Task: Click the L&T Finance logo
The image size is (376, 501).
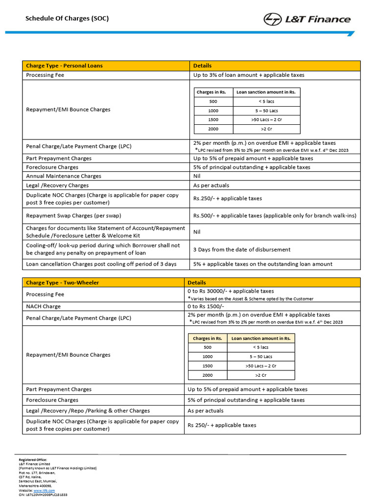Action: click(x=307, y=19)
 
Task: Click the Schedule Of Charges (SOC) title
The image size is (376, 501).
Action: click(x=67, y=19)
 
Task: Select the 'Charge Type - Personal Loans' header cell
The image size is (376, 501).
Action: click(x=64, y=66)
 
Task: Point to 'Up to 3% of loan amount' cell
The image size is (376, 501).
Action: click(x=249, y=75)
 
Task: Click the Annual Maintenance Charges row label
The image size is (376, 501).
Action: click(x=64, y=176)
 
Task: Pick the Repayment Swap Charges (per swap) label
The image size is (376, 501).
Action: click(x=73, y=215)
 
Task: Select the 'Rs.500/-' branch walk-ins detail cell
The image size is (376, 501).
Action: click(x=275, y=215)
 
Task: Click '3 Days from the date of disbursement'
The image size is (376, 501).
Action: click(x=242, y=250)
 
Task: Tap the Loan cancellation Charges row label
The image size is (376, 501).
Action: click(x=101, y=264)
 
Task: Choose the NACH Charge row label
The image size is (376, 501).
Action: click(x=44, y=306)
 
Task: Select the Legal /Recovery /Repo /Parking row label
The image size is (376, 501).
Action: click(x=88, y=411)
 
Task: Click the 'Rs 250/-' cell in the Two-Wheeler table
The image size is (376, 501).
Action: click(x=222, y=425)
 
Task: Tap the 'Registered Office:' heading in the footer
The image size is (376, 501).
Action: click(x=33, y=459)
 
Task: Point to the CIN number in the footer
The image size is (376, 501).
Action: click(x=43, y=495)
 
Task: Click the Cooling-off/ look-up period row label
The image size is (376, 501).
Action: click(x=103, y=249)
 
